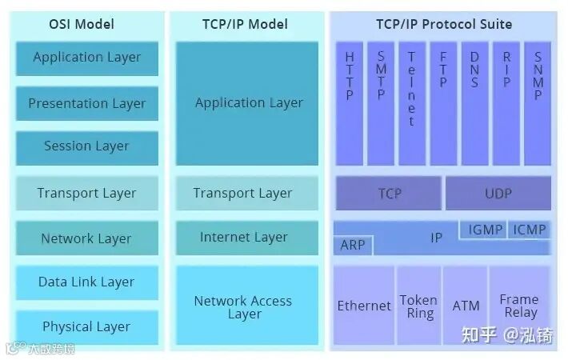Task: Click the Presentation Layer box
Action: tap(87, 103)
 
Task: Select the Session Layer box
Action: tap(87, 146)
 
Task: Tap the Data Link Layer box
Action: tap(87, 282)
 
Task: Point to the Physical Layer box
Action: tap(87, 326)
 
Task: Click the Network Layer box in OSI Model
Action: tap(87, 238)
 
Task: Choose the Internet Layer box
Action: tap(244, 237)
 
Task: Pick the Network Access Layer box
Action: tap(244, 307)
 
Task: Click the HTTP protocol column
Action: tap(350, 102)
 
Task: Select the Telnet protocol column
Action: tap(412, 102)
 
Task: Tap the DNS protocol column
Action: tap(474, 102)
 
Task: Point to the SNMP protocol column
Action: tap(538, 102)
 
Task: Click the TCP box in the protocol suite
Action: tap(389, 194)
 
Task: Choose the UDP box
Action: tap(498, 194)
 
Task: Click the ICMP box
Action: tap(530, 230)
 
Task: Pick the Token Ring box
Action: tap(418, 306)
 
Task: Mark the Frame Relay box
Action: tap(519, 306)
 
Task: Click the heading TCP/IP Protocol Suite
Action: tap(444, 24)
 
